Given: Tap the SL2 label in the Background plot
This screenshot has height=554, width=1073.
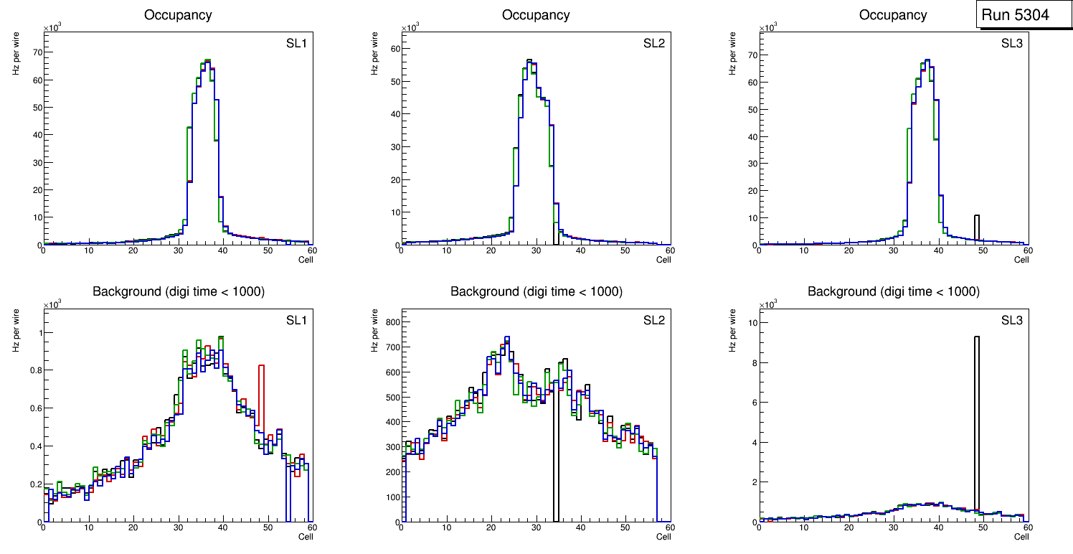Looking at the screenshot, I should pos(653,320).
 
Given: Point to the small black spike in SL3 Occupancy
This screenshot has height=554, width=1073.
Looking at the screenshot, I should pos(976,228).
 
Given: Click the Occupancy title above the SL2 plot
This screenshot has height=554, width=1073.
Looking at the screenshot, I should pos(536,15).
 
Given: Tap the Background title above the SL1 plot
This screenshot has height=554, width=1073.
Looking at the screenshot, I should pos(179,291).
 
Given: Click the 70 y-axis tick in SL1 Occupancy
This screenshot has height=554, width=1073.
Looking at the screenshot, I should pos(34,52).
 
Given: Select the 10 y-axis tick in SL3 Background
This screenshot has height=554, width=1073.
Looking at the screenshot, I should pos(750,323).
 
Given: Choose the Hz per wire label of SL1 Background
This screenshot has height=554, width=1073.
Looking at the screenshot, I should pos(16,330).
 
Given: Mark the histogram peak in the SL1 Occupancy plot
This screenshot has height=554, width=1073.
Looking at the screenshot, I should pos(207,61).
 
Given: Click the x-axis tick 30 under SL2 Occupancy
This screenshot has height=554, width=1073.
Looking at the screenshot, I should pos(536,250).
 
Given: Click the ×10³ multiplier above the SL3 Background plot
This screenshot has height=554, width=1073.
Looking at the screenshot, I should pos(768,304).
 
